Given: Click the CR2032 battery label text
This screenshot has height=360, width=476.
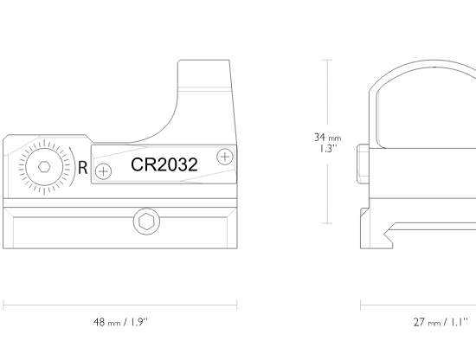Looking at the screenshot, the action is pos(164,164).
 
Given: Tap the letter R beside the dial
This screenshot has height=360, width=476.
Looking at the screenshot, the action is pos(82,168).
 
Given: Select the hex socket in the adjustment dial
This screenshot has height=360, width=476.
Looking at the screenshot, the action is pos(44,167).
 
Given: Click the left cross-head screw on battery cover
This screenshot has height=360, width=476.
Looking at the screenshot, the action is pos(103,171).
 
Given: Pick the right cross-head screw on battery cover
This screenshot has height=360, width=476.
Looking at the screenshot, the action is pos(225,157).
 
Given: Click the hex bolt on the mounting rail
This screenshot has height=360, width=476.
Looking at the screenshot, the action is pos(146,222).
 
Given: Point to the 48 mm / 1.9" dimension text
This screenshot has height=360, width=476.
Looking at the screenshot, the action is pos(120,322).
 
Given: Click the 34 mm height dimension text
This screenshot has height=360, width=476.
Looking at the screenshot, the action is pos(327,138).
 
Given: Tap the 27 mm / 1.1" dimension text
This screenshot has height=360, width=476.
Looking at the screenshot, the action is pos(441,322).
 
